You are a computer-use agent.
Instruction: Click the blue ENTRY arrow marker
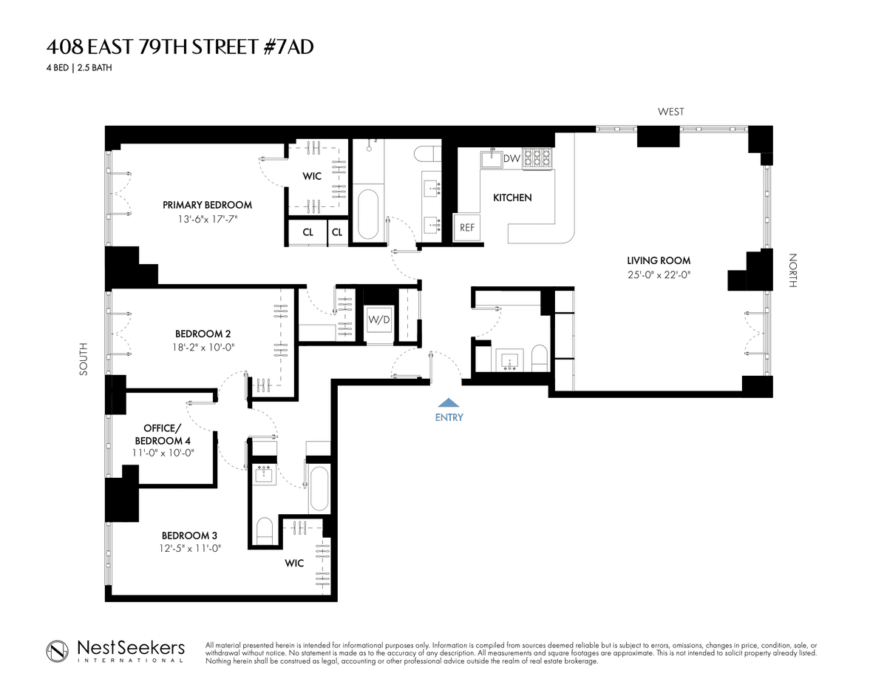pyautogui.click(x=449, y=402)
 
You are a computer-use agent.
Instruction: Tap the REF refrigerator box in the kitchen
pyautogui.click(x=467, y=228)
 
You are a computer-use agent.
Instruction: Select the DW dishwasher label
pyautogui.click(x=512, y=158)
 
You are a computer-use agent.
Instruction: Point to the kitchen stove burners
pyautogui.click(x=537, y=158)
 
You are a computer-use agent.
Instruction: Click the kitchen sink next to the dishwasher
pyautogui.click(x=492, y=158)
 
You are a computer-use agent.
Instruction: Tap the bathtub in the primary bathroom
pyautogui.click(x=368, y=214)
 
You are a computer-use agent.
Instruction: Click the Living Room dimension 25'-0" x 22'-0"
pyautogui.click(x=659, y=275)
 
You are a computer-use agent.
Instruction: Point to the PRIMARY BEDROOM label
pyautogui.click(x=208, y=205)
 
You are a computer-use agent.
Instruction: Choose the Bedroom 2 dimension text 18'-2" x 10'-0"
pyautogui.click(x=203, y=347)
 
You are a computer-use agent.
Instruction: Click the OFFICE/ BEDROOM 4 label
pyautogui.click(x=163, y=434)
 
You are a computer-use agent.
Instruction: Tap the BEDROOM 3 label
pyautogui.click(x=189, y=536)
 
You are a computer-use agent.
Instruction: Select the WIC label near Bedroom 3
pyautogui.click(x=294, y=563)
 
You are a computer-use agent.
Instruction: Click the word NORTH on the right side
pyautogui.click(x=792, y=271)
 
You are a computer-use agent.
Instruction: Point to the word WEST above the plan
pyautogui.click(x=670, y=112)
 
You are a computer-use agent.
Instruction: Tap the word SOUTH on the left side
pyautogui.click(x=84, y=359)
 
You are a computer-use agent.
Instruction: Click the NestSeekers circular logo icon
pyautogui.click(x=57, y=651)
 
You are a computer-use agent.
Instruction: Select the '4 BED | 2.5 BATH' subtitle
pyautogui.click(x=79, y=68)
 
